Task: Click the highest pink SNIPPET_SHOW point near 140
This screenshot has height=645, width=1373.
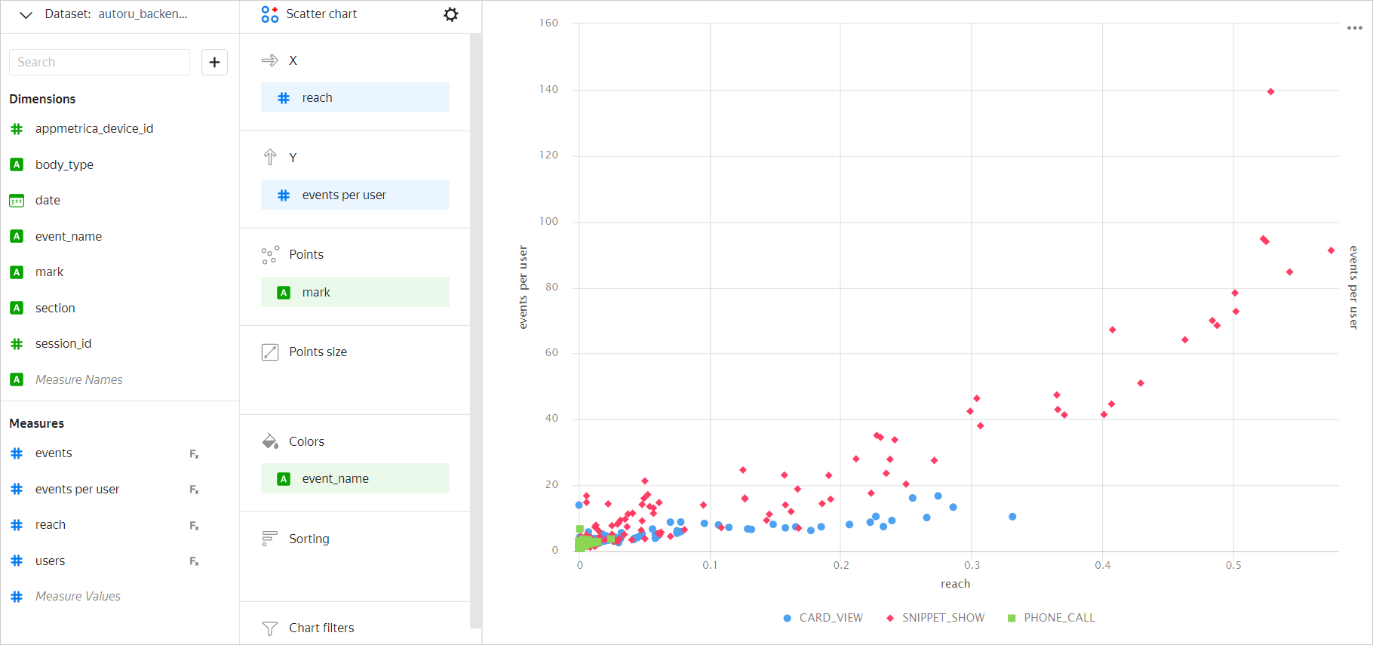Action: (x=1270, y=92)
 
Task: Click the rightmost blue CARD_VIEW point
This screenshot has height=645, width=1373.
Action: (x=1012, y=517)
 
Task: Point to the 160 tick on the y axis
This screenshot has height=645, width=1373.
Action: (x=548, y=23)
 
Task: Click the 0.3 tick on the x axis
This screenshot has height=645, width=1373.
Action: (x=972, y=565)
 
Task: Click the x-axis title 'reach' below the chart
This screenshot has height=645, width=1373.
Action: (x=955, y=584)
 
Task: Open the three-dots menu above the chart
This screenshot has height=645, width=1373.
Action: (x=1355, y=28)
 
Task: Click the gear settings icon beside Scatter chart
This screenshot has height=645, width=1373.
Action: (x=451, y=14)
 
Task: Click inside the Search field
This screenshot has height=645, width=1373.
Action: (x=100, y=62)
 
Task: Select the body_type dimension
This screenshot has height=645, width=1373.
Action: (x=64, y=164)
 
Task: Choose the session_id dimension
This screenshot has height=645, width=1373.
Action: (x=63, y=344)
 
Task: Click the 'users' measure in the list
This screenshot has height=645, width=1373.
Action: (x=50, y=561)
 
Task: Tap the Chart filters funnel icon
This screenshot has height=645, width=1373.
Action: (x=269, y=628)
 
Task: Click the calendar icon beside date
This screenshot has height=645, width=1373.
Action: (x=17, y=201)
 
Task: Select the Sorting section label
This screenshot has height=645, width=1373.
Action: (x=309, y=539)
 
